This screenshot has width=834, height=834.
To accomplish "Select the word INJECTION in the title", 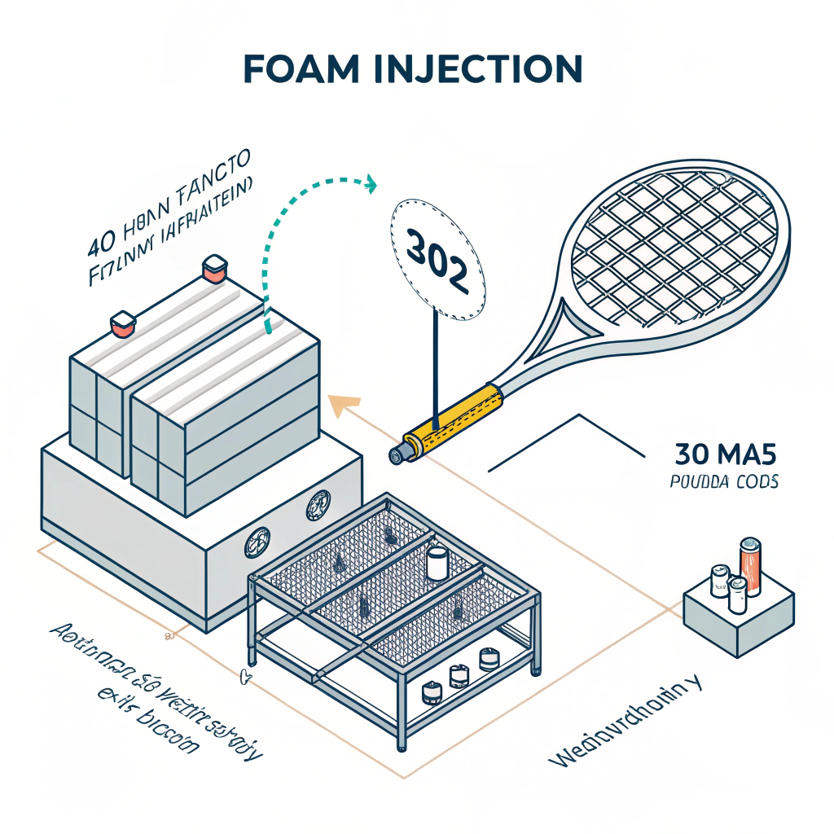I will [x=489, y=70].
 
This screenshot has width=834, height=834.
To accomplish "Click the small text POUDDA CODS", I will [x=724, y=481].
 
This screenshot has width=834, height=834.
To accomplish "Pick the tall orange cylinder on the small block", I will [x=749, y=564].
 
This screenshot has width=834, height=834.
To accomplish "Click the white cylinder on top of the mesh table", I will [x=438, y=562].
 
